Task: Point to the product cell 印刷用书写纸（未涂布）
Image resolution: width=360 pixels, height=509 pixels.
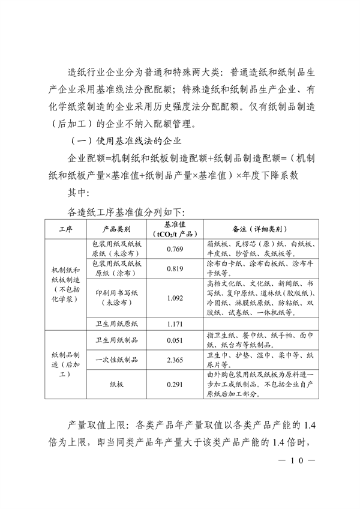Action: (117, 298)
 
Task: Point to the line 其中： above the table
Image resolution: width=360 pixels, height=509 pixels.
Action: (79, 193)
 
